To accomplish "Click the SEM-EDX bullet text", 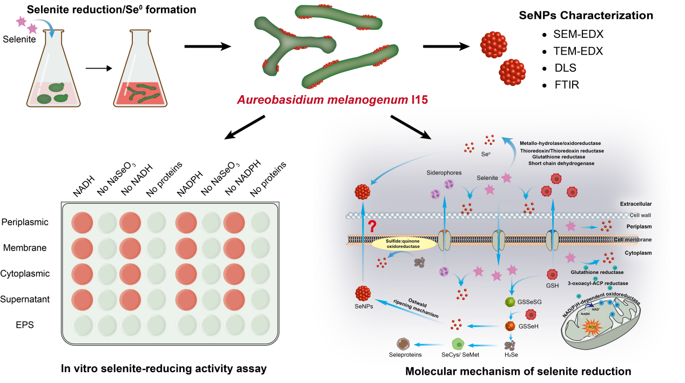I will click(578, 34).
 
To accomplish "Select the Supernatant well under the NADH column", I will click(82, 299).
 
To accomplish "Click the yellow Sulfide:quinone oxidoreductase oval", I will click(404, 245).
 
